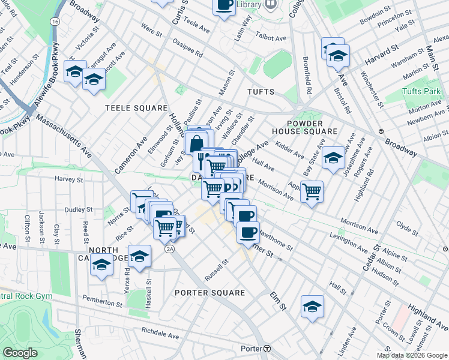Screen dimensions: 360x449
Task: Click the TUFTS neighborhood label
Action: tap(260, 92)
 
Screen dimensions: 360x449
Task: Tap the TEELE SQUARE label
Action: tap(136, 108)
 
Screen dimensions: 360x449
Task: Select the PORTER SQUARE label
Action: tap(209, 293)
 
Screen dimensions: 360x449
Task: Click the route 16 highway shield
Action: tap(55, 21)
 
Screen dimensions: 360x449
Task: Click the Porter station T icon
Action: tap(268, 349)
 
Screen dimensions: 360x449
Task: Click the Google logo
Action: tap(20, 353)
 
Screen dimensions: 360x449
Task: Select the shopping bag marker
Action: tap(196, 144)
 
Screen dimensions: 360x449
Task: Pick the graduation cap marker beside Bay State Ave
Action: tap(333, 158)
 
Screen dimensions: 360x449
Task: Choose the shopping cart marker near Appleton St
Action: tap(312, 192)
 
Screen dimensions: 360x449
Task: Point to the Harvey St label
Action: tap(68, 179)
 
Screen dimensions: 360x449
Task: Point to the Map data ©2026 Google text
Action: tap(412, 355)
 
